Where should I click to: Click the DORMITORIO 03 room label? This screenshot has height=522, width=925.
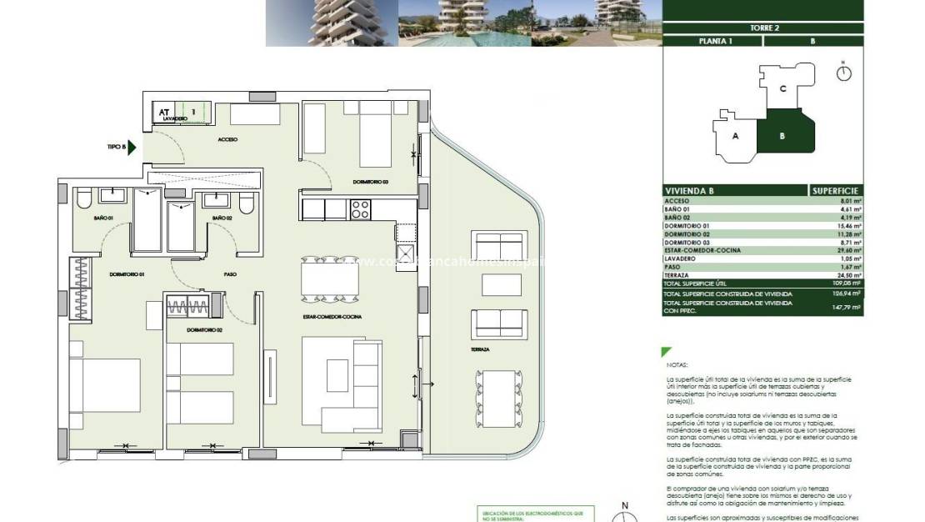pyautogui.click(x=371, y=182)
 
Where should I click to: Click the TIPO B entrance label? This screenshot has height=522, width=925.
pyautogui.click(x=117, y=148)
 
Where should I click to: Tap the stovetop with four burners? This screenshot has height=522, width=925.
pyautogui.click(x=360, y=209)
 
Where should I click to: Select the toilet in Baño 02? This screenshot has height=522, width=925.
pyautogui.click(x=245, y=203)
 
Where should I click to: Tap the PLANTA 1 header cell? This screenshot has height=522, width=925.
pyautogui.click(x=715, y=41)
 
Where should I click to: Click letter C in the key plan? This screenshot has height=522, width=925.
pyautogui.click(x=782, y=88)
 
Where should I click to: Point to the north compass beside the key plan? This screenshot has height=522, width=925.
pyautogui.click(x=844, y=72)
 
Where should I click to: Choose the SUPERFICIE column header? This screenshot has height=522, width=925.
pyautogui.click(x=836, y=190)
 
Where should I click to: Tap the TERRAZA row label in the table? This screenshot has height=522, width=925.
pyautogui.click(x=677, y=274)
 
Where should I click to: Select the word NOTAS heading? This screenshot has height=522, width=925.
pyautogui.click(x=677, y=365)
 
